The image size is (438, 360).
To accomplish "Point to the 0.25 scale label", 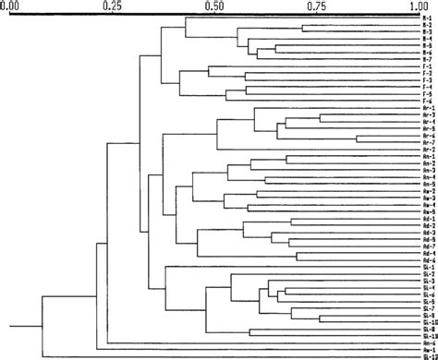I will coord(112,6).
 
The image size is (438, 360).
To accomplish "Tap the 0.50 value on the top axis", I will coord(214,6).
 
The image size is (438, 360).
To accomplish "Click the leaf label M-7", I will coord(427,60).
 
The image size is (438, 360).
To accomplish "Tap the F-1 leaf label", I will coord(427,67).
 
